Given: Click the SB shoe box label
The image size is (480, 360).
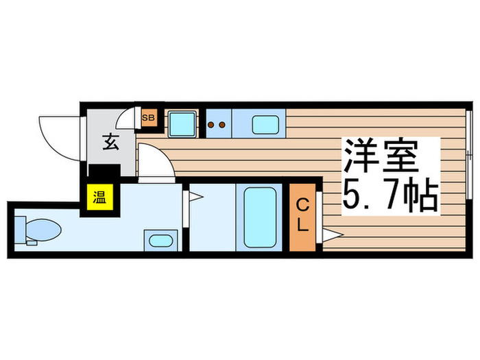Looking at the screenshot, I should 148,118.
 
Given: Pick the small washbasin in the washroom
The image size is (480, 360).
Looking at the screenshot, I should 159,241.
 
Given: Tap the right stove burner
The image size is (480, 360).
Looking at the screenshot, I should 223,125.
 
